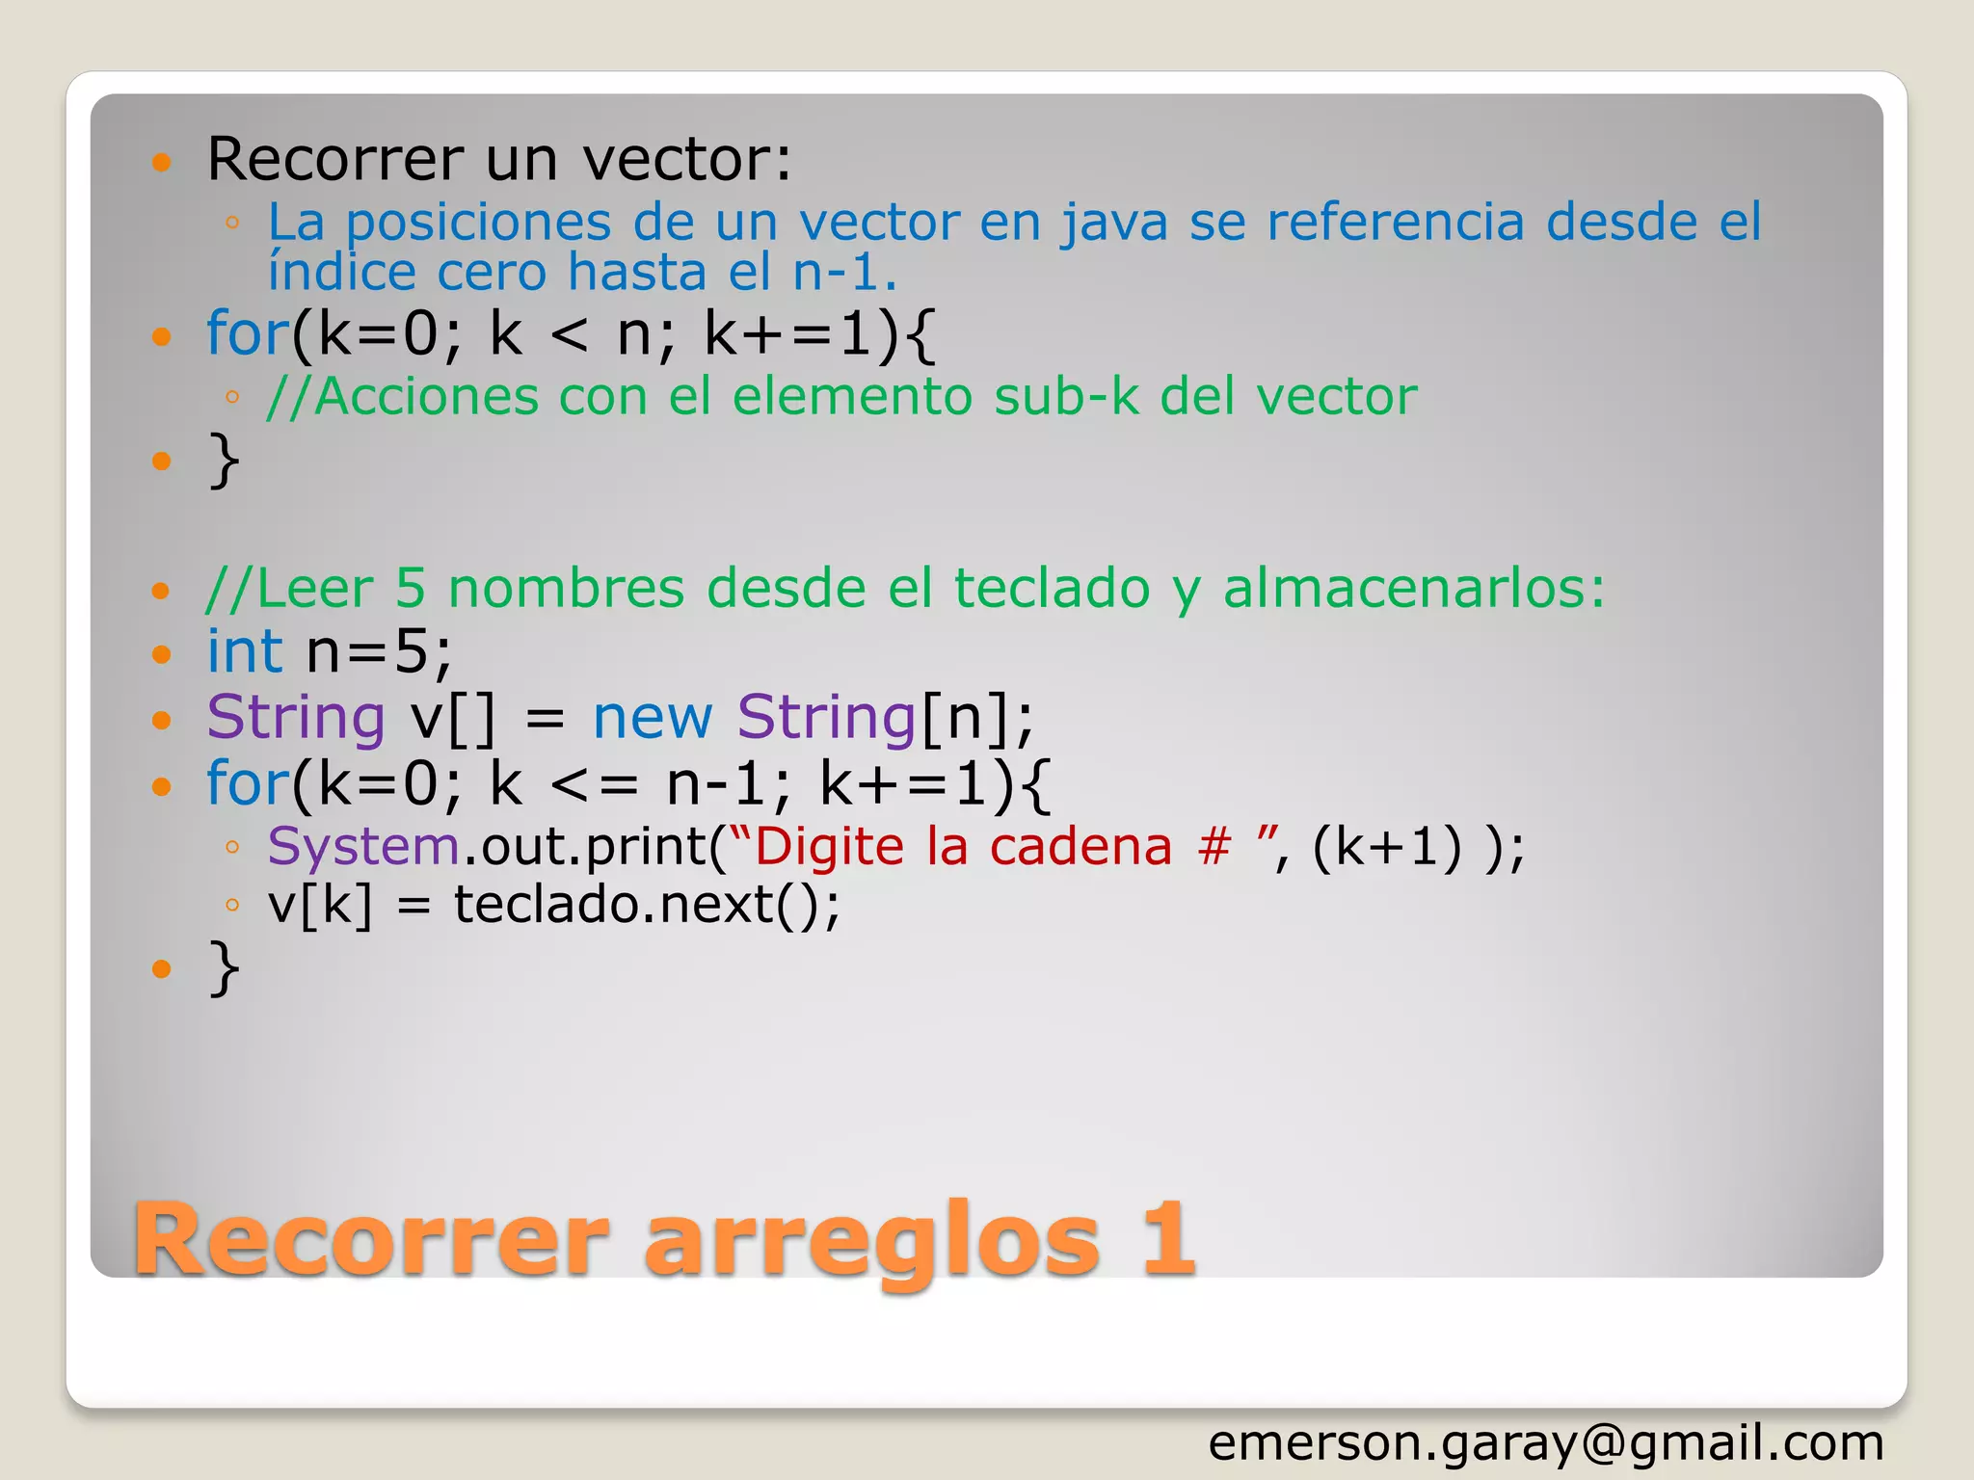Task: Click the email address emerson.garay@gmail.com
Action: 1545,1443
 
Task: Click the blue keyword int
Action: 245,651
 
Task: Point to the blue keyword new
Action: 653,718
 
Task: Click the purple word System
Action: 363,847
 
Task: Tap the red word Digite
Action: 830,847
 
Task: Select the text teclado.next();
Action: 647,905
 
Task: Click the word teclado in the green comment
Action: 1052,588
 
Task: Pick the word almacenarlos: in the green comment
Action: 1414,588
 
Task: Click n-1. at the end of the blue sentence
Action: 844,273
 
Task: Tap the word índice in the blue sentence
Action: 341,273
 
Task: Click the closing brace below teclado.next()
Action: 224,967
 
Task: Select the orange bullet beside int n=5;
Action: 161,655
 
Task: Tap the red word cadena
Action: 1080,847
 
